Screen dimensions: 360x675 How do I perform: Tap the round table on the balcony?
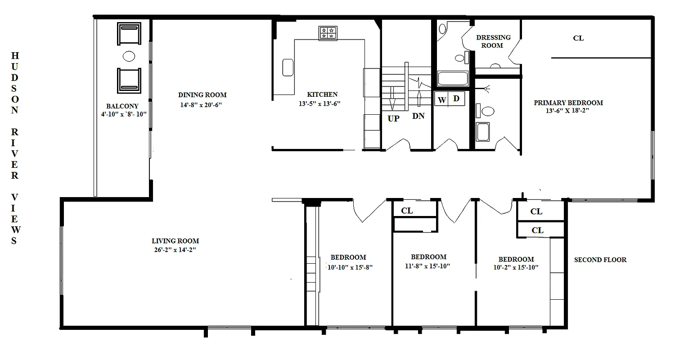129,56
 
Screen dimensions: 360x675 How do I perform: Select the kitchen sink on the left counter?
288,67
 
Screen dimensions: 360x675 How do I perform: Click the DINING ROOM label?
202,95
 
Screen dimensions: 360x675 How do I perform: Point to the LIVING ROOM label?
175,241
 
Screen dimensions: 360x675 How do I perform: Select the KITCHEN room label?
322,94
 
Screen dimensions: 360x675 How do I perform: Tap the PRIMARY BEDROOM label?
568,103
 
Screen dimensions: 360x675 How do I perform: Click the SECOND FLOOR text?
600,260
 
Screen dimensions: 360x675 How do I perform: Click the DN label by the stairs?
418,116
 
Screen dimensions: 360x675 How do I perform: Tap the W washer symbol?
442,99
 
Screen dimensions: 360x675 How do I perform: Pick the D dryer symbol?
456,99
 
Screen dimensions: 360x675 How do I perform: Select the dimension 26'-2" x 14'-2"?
175,250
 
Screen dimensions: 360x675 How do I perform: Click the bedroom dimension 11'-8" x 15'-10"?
428,265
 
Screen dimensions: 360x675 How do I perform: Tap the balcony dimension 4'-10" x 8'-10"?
123,114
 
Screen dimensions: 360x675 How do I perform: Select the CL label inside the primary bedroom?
578,38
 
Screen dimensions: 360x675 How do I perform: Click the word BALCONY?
122,106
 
